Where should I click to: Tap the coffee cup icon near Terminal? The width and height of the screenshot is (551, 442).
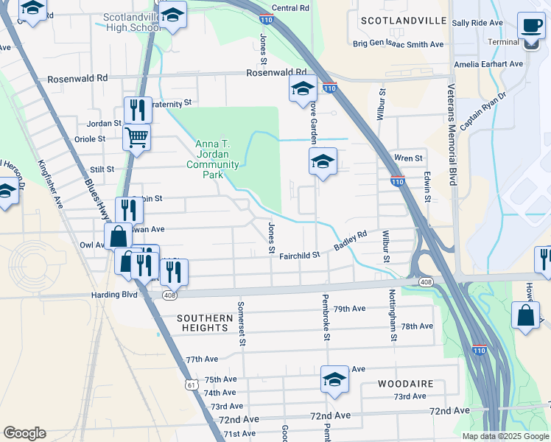(x=530, y=26)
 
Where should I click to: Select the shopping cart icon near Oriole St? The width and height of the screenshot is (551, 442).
(x=136, y=137)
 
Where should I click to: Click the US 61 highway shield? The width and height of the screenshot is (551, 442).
(x=192, y=383)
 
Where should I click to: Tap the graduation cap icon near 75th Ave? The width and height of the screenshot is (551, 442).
(x=334, y=379)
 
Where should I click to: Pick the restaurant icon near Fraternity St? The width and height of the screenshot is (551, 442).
(x=138, y=110)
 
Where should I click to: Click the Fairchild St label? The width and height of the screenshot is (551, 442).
(x=301, y=255)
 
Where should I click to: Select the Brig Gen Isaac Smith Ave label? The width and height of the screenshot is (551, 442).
(x=398, y=44)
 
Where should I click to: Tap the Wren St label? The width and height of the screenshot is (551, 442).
(x=408, y=158)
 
